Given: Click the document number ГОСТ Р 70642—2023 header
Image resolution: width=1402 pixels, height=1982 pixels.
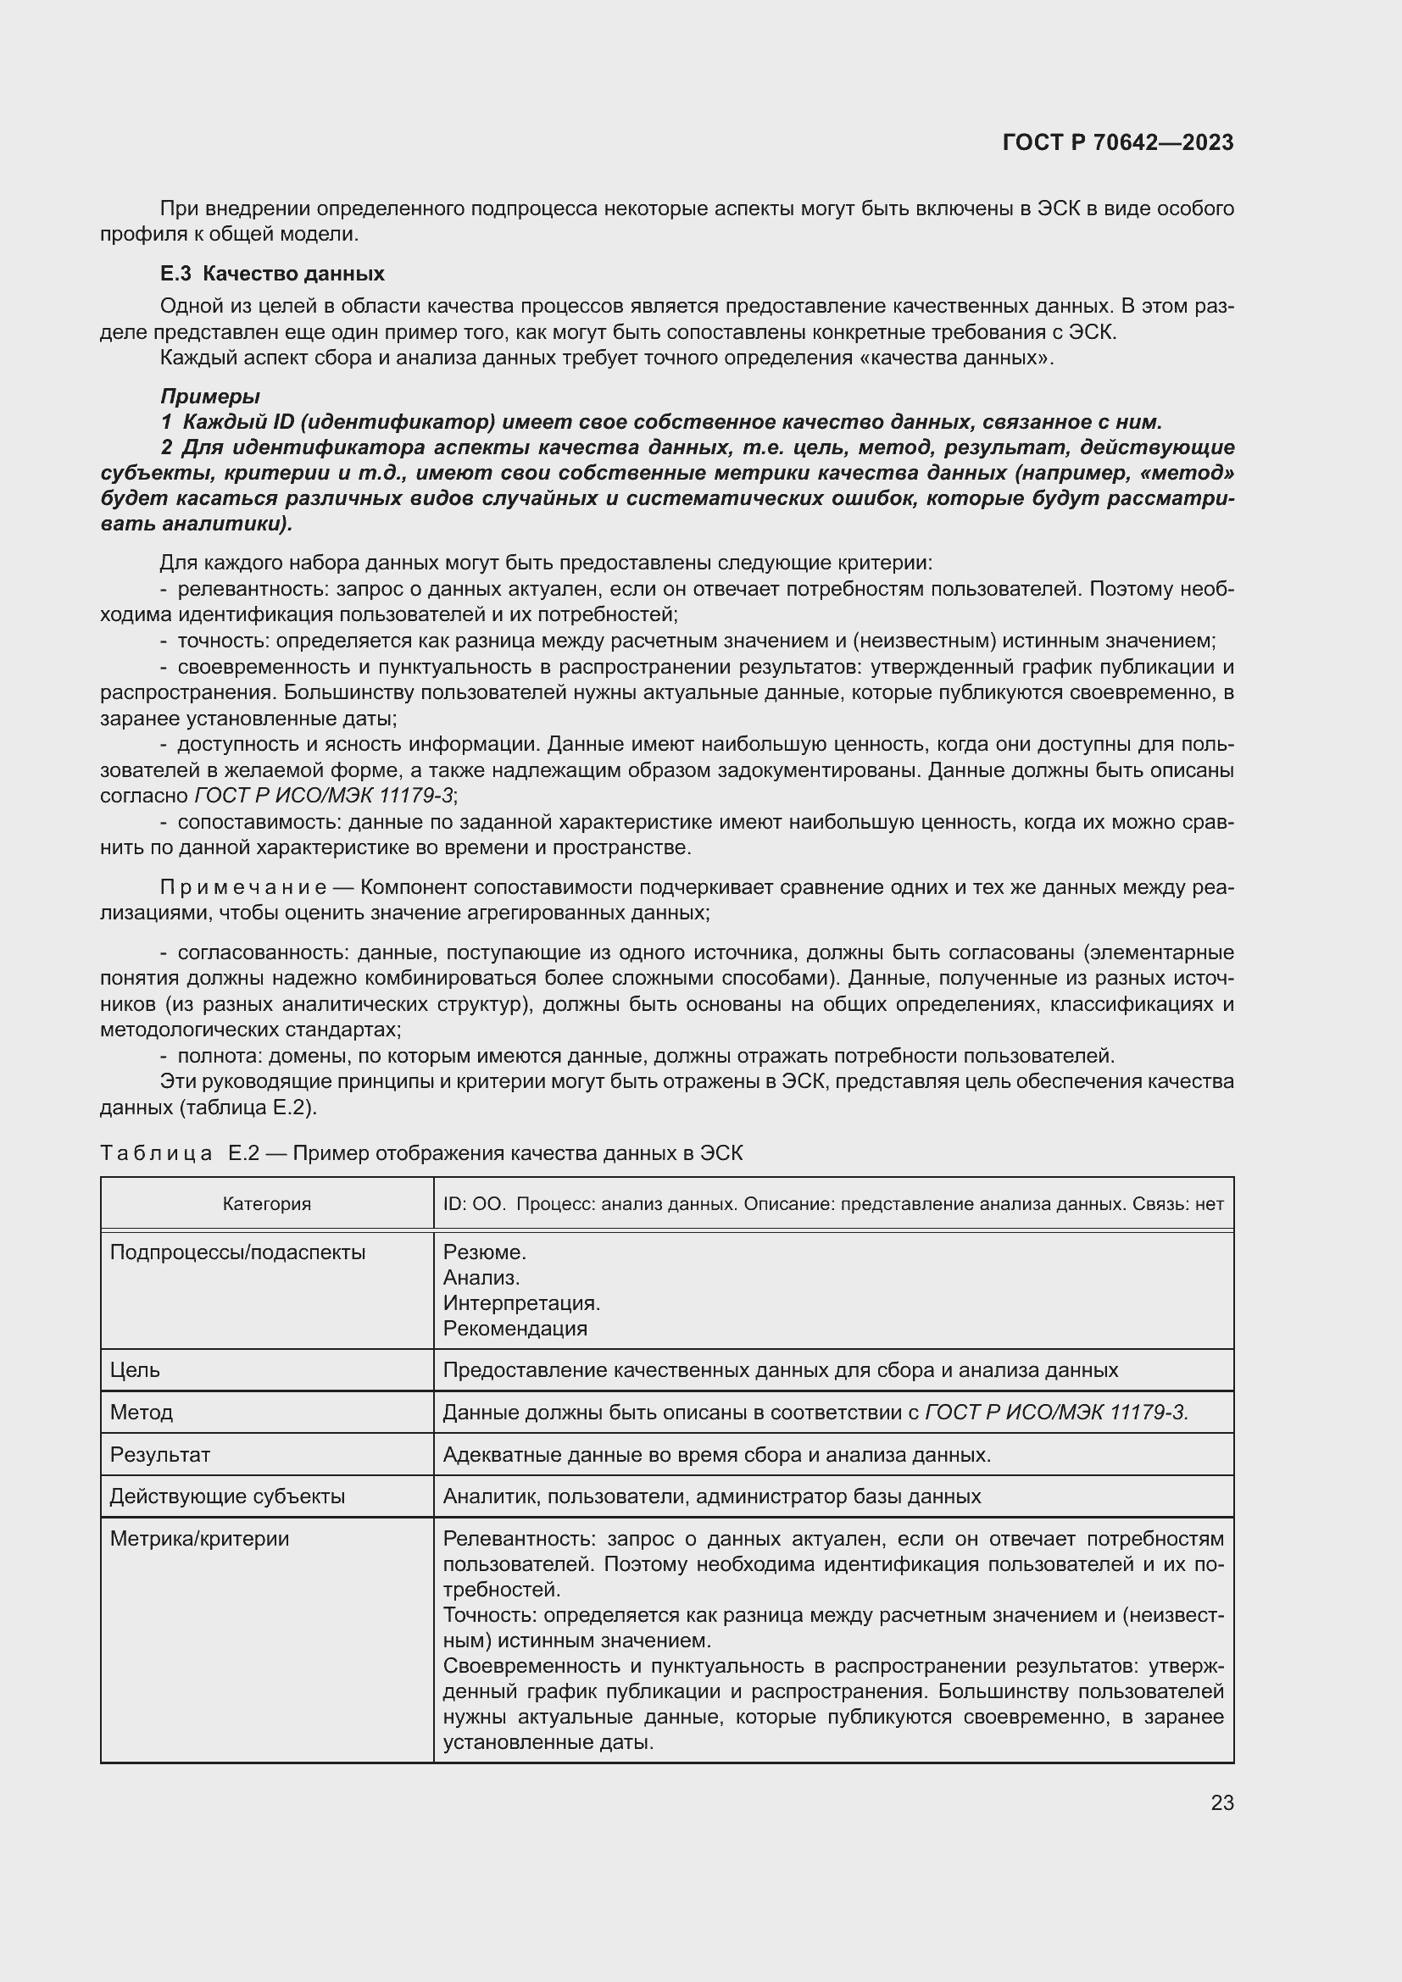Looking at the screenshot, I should (x=1117, y=142).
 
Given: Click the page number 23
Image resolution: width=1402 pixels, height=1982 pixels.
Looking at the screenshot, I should (x=1221, y=1802).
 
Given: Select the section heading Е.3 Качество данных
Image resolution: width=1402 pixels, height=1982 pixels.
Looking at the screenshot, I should (x=272, y=274).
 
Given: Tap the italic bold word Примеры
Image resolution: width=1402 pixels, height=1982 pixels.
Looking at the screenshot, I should (x=209, y=397).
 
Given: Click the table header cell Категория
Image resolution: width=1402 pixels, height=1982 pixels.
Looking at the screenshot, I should (x=267, y=1203).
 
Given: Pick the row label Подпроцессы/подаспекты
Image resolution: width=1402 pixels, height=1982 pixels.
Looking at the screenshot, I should (x=237, y=1252).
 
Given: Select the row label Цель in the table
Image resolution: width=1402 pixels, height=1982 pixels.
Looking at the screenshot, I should (x=135, y=1370).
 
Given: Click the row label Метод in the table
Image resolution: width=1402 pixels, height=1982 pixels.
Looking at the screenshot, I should (x=141, y=1413).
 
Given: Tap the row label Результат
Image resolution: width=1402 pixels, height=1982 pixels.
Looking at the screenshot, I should (x=159, y=1455).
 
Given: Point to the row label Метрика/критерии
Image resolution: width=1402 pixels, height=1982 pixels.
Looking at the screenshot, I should (x=198, y=1538).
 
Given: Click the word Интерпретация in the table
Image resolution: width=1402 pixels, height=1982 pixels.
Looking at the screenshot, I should (x=520, y=1302).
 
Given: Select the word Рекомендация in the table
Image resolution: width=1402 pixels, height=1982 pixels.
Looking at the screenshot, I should (x=515, y=1328).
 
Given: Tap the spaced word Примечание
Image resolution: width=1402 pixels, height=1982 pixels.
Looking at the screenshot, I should (x=243, y=887).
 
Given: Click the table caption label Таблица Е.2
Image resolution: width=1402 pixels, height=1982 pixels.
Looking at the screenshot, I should (x=180, y=1153).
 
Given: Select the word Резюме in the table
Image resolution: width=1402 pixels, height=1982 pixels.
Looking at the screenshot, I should (x=483, y=1252).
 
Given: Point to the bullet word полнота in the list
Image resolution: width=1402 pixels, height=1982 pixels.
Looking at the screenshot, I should (x=221, y=1056).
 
